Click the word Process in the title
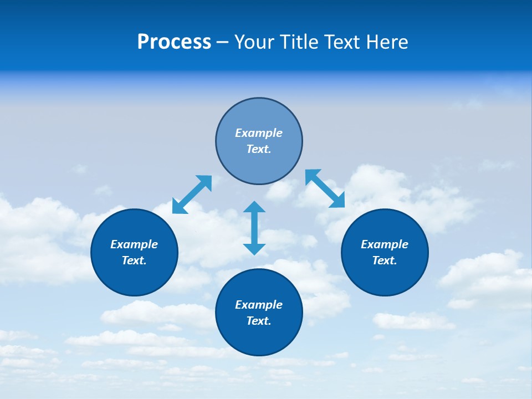click(x=174, y=42)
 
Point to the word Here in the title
click(x=387, y=42)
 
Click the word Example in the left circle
click(x=134, y=244)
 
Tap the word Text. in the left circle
click(x=134, y=260)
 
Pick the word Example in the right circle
click(x=385, y=244)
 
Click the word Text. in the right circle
click(x=385, y=260)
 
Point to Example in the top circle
click(x=259, y=133)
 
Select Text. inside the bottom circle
click(x=259, y=321)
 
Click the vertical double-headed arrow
click(x=254, y=228)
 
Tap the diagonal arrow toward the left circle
click(x=192, y=195)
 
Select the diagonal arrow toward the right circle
click(x=325, y=188)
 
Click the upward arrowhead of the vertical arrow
click(x=254, y=207)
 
